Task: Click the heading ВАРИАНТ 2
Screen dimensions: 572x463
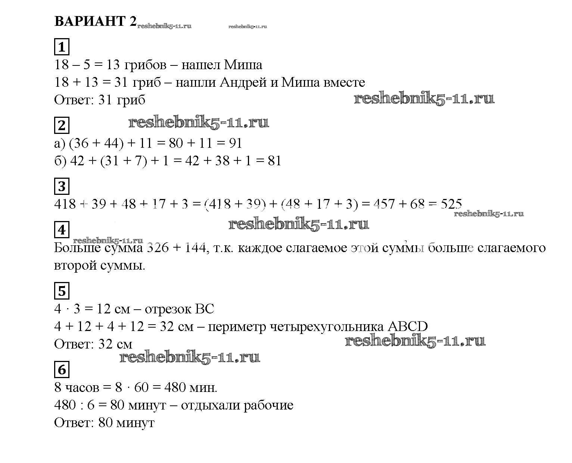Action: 96,21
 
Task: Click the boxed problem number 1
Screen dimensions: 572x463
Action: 62,47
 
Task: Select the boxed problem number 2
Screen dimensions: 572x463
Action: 62,125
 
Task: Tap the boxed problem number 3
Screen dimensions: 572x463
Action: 62,186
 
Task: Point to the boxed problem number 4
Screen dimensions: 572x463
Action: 62,230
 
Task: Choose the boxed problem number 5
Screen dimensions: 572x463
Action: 62,291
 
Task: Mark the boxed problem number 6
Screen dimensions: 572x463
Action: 62,369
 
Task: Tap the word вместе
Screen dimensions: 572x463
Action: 344,83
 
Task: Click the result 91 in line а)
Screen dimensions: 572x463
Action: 236,143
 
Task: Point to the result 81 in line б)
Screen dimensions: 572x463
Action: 274,161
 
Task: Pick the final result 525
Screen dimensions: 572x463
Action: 451,204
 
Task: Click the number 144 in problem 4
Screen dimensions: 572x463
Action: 195,248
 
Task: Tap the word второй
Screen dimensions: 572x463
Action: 75,266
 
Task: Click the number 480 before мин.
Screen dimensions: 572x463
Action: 175,387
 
